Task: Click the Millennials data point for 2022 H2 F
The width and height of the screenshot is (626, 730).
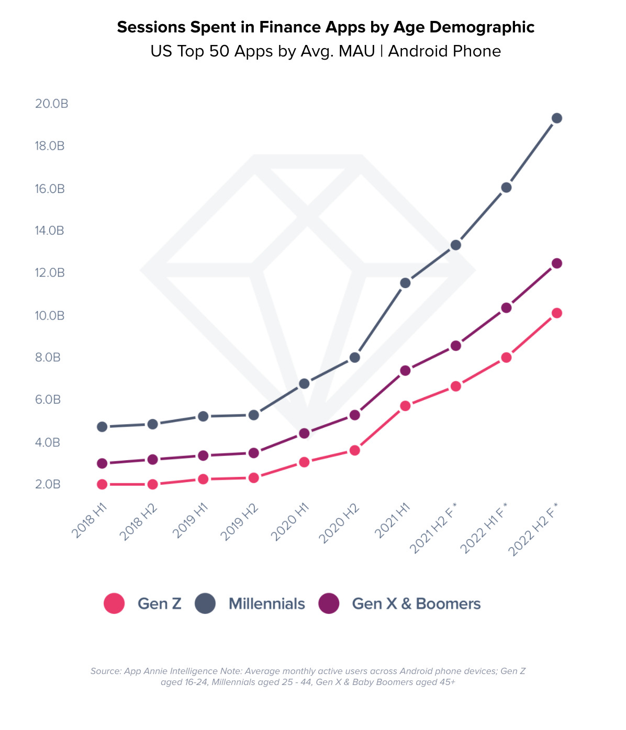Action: (557, 118)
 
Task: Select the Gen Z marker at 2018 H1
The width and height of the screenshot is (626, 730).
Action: (102, 484)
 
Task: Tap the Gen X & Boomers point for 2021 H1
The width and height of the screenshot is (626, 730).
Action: (405, 371)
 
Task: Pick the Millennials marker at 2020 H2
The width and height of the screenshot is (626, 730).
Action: (355, 358)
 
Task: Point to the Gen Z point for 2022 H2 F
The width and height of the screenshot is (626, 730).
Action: (557, 313)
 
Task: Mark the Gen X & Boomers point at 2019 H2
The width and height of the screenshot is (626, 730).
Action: (254, 453)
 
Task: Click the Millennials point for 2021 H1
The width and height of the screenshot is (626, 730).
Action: (405, 283)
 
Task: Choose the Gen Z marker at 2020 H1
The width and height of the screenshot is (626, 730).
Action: (304, 462)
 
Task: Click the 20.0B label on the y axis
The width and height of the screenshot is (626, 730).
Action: (51, 104)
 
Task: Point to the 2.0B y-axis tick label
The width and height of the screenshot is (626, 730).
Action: (48, 484)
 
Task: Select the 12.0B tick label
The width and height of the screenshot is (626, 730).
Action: (50, 272)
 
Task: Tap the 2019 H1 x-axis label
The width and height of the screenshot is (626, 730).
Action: (191, 521)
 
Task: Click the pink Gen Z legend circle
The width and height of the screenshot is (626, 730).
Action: (114, 603)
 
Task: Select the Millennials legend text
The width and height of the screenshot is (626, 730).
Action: (266, 603)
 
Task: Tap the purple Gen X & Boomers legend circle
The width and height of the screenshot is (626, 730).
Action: (329, 603)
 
